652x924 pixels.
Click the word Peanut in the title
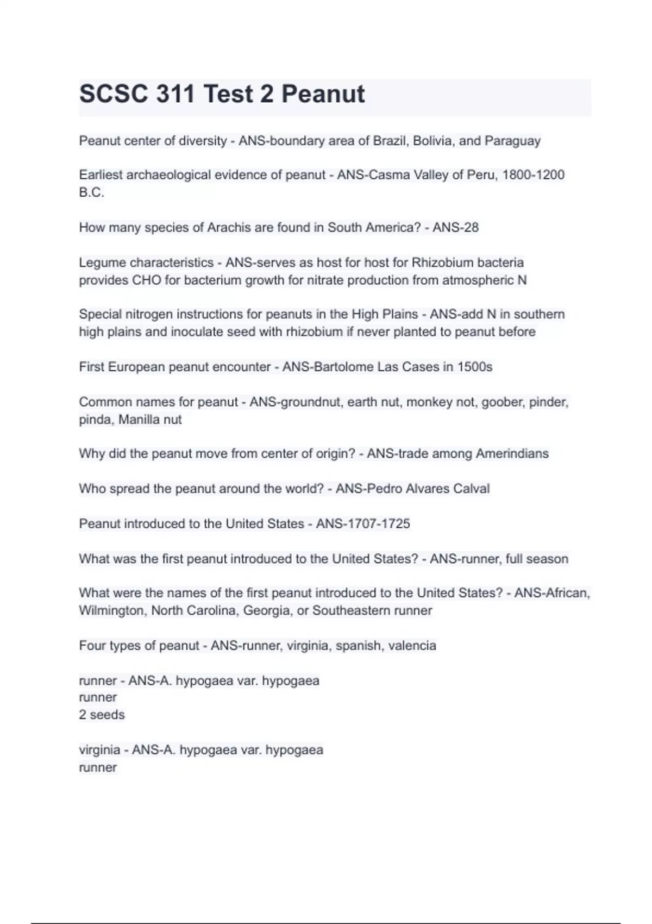pos(323,94)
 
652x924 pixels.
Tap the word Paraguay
pos(512,141)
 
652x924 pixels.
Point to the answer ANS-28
pos(455,227)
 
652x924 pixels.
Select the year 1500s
pos(475,367)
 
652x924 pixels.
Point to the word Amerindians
pos(512,454)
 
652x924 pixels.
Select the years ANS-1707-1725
pos(363,524)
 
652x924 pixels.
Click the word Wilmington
pos(111,611)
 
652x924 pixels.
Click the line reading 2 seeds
pos(102,715)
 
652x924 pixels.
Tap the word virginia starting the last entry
pos(99,750)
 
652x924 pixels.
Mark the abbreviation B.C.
pos(91,192)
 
